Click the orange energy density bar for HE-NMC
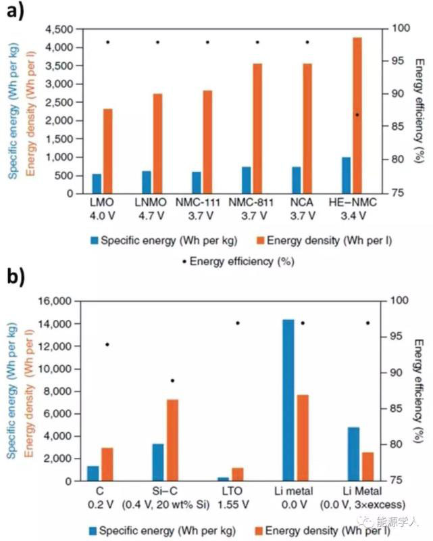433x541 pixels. pyautogui.click(x=357, y=116)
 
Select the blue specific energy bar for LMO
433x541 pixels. pyautogui.click(x=97, y=183)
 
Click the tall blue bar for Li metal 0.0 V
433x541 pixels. pyautogui.click(x=288, y=400)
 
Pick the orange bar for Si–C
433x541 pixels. pyautogui.click(x=172, y=440)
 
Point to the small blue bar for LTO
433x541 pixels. pyautogui.click(x=223, y=478)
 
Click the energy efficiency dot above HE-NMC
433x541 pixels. pyautogui.click(x=357, y=114)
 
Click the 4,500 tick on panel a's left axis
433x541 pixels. pyautogui.click(x=57, y=30)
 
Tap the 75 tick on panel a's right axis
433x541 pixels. pyautogui.click(x=397, y=193)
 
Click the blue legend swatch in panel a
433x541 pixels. pyautogui.click(x=94, y=240)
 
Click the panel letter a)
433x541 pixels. pyautogui.click(x=18, y=11)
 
